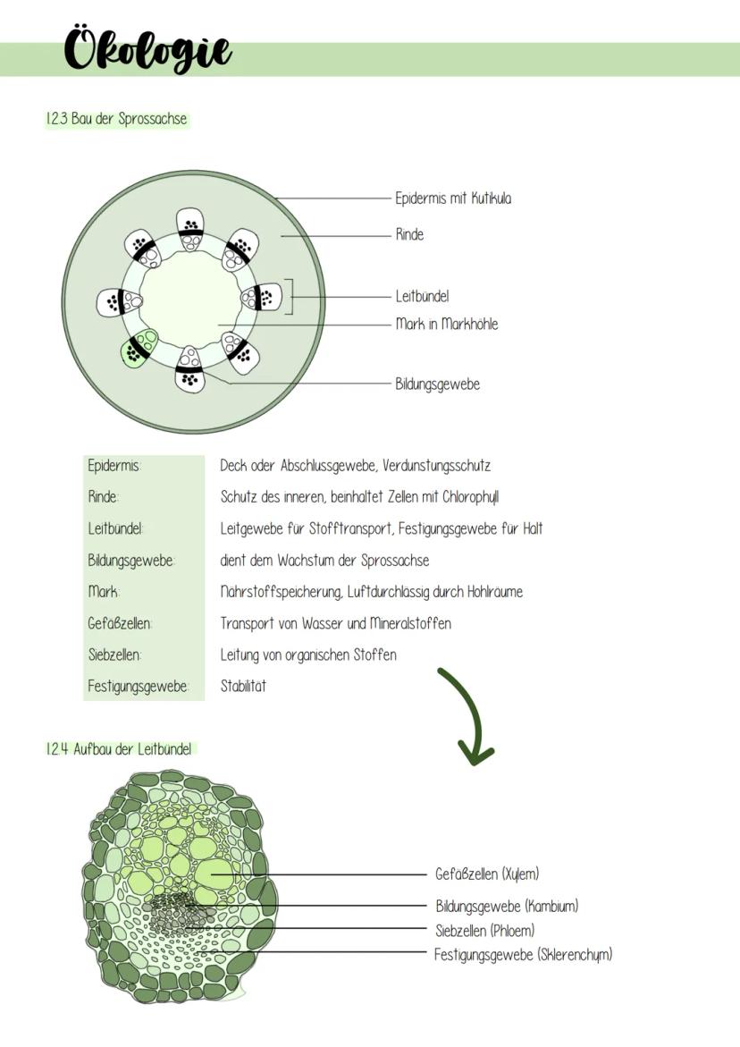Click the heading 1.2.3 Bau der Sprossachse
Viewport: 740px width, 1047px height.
click(116, 119)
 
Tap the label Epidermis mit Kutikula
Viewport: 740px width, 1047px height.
click(453, 198)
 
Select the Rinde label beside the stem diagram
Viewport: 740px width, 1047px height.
click(409, 235)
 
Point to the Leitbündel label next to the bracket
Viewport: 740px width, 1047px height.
click(422, 296)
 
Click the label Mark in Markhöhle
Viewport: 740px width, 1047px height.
click(446, 324)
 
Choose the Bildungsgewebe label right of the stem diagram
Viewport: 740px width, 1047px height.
click(437, 384)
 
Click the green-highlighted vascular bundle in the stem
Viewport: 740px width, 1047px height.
click(139, 348)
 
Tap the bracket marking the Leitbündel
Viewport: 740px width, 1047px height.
click(289, 297)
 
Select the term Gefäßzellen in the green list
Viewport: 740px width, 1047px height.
click(120, 623)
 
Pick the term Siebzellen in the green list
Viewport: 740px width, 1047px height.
click(114, 654)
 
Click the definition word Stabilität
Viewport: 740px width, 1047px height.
click(243, 687)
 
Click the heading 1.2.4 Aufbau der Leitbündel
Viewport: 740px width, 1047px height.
click(119, 749)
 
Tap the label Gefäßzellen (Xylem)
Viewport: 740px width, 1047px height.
click(487, 874)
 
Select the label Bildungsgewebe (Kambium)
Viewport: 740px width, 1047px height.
click(507, 907)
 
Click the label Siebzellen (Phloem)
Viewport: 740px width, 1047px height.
click(484, 931)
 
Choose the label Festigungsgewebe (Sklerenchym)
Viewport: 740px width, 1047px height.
click(523, 955)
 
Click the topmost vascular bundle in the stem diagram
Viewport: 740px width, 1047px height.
click(190, 224)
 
